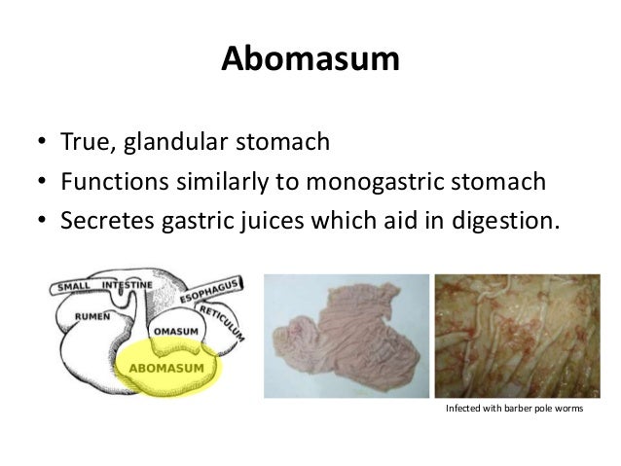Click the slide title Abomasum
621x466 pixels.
(310, 60)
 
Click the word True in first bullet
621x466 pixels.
(87, 144)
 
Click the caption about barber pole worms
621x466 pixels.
(513, 409)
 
